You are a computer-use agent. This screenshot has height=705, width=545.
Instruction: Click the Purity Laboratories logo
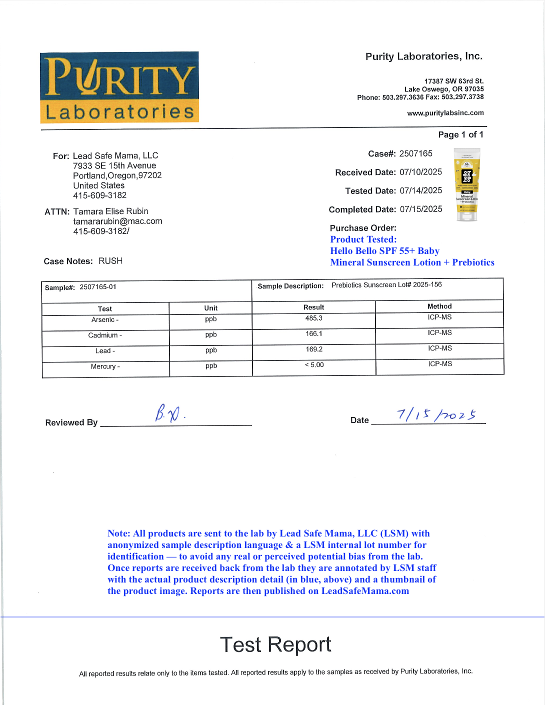[119, 87]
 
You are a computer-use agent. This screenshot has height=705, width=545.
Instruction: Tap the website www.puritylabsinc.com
[445, 113]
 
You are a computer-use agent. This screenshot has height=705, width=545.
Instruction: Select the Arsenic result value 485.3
[314, 318]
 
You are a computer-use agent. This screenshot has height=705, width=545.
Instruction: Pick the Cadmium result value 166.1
[314, 333]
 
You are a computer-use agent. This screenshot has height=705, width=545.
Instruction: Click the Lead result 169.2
[314, 349]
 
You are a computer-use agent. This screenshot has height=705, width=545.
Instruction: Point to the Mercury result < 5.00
[314, 365]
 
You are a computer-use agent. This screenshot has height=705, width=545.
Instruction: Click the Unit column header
[210, 308]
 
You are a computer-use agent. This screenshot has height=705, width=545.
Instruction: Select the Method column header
[439, 306]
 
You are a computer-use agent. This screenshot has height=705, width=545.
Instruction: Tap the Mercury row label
[105, 366]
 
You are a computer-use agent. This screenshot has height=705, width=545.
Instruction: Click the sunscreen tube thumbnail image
[467, 184]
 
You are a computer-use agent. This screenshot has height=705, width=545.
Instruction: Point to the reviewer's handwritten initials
[168, 413]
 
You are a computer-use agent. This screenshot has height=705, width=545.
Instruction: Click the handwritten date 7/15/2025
[436, 414]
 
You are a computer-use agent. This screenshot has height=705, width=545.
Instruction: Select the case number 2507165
[415, 153]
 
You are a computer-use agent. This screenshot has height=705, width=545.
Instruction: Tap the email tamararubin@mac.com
[117, 221]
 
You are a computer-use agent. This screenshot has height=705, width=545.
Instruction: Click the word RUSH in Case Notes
[110, 261]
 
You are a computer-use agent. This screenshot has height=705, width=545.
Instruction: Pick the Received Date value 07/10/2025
[420, 172]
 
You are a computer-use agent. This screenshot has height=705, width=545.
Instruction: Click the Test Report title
[275, 644]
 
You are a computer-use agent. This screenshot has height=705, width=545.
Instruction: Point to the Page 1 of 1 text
[460, 134]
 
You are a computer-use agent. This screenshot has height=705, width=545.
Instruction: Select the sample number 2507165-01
[98, 287]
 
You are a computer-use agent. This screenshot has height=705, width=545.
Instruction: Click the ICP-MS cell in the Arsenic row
[439, 317]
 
